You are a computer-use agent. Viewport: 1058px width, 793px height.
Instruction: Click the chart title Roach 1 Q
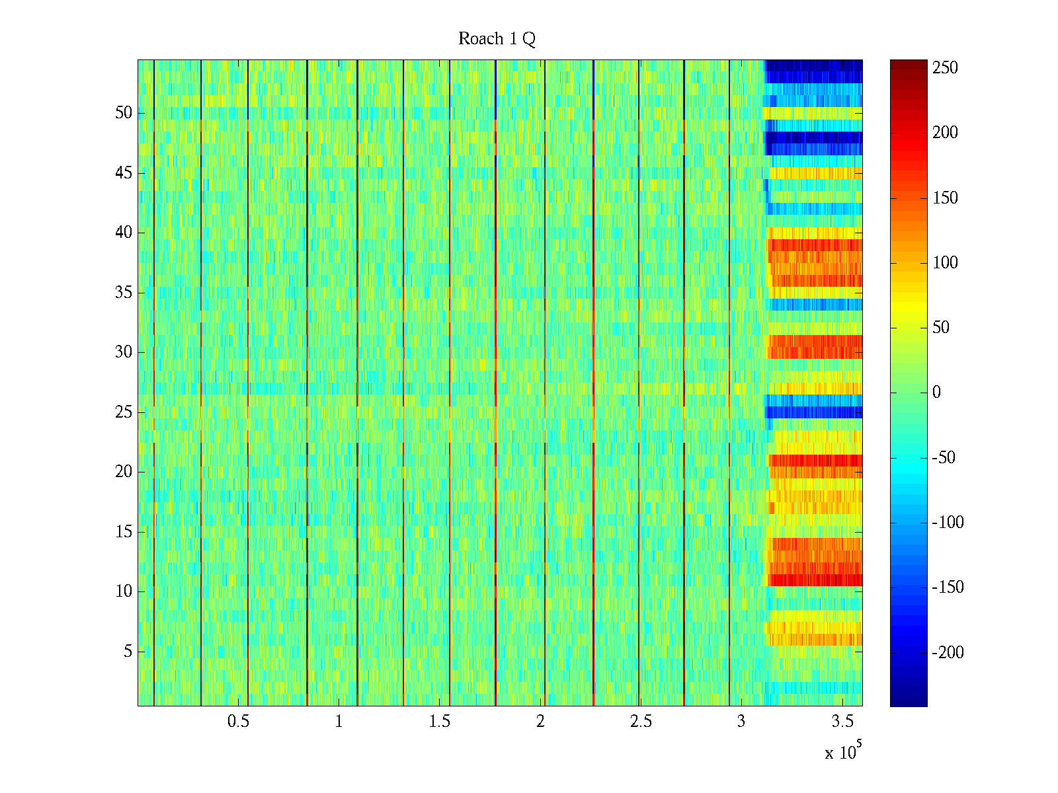[x=497, y=40]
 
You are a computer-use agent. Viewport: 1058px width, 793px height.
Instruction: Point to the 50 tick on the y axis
[x=124, y=113]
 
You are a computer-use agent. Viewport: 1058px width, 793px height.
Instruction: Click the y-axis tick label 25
[x=124, y=412]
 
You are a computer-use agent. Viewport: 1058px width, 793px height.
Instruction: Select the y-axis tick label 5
[x=128, y=652]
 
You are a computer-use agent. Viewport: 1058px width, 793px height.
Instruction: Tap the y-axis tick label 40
[x=124, y=233]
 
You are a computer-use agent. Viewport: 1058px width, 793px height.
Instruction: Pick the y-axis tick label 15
[x=124, y=532]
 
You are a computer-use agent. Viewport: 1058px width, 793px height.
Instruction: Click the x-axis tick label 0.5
[x=238, y=722]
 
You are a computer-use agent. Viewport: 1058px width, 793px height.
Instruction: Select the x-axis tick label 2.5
[x=641, y=722]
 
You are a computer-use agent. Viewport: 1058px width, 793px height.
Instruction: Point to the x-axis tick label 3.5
[x=842, y=722]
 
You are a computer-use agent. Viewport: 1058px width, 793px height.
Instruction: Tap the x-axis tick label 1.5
[x=439, y=722]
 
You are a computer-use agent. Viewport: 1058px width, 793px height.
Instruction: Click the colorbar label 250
[x=945, y=68]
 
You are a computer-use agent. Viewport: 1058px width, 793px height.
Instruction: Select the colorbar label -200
[x=948, y=653]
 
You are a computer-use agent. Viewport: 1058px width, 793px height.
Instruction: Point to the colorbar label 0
[x=936, y=393]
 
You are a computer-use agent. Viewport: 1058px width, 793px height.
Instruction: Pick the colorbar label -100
[x=948, y=523]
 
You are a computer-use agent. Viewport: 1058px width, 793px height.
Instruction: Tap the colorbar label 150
[x=945, y=198]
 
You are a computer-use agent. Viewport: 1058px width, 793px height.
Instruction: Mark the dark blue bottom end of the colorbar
[x=909, y=702]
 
